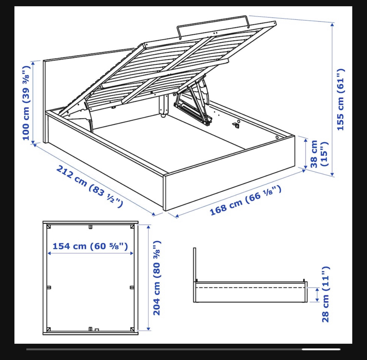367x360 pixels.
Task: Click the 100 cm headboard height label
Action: click(26, 103)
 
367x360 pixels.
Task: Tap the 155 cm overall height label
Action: click(341, 100)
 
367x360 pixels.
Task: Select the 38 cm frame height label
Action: click(319, 154)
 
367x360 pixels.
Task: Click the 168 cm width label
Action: click(245, 200)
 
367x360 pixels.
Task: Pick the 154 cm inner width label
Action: click(90, 246)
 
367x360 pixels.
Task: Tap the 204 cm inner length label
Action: click(157, 278)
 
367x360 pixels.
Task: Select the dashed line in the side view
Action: click(250, 287)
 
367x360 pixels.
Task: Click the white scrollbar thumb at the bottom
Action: click(321, 349)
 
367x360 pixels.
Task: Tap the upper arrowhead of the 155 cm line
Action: click(332, 25)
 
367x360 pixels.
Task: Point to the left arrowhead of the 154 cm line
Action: click(49, 253)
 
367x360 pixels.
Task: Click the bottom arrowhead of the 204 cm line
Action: click(148, 328)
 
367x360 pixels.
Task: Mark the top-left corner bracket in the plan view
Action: click(49, 227)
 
